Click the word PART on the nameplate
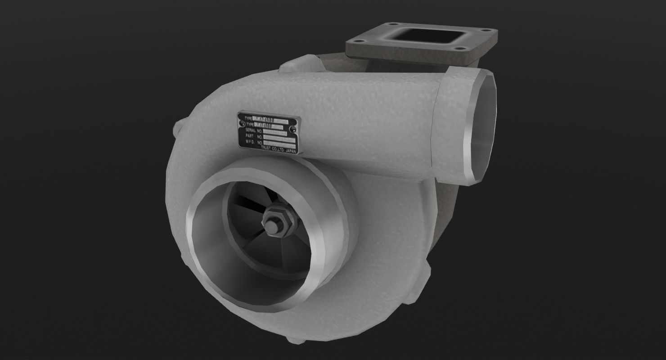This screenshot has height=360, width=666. coord(249,135)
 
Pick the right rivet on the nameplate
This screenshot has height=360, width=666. coord(293,129)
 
